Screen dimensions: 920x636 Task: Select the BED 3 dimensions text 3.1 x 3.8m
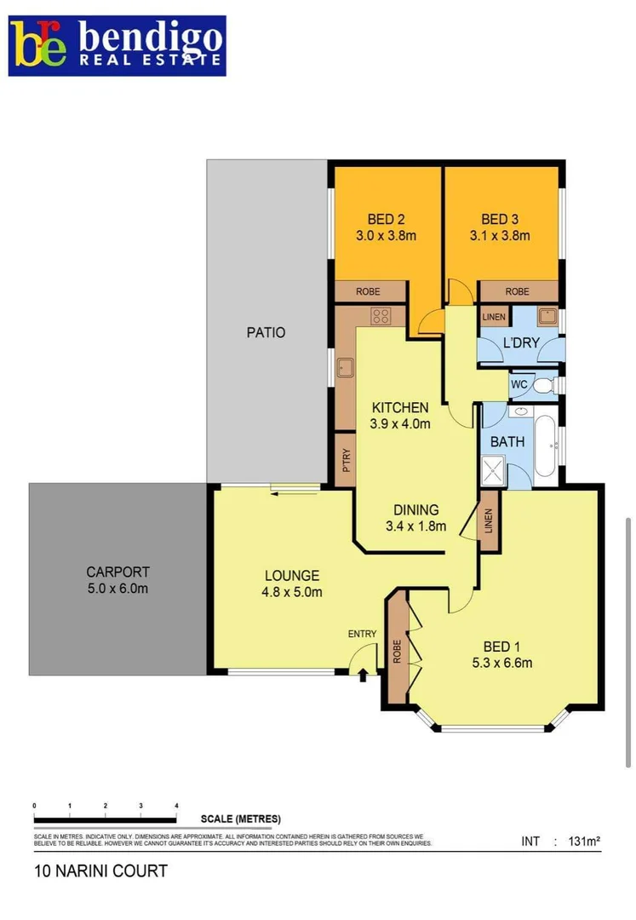pos(500,236)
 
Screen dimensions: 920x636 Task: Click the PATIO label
pos(266,332)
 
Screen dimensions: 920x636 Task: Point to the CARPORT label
pos(117,572)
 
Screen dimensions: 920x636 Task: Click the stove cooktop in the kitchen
pos(381,316)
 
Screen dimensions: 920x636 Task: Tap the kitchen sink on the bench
pos(346,369)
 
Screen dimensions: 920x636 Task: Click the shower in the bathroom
pos(494,469)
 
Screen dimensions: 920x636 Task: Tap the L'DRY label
pos(521,343)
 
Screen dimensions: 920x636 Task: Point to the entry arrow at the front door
pos(364,676)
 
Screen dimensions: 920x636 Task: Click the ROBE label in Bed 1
pos(397,652)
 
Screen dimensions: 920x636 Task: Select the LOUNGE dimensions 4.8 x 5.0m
pos(291,593)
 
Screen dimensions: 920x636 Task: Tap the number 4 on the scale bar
pos(176,805)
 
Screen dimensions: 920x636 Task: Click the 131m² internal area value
pos(583,842)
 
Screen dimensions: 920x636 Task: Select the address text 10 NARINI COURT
pos(100,871)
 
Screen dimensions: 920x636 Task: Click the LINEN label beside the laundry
pos(494,318)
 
